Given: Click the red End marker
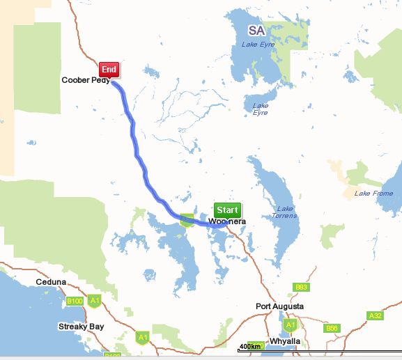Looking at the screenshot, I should (109, 70).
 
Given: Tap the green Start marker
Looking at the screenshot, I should (227, 210).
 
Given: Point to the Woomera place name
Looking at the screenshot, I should (228, 221).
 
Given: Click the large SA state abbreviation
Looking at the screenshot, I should (257, 31).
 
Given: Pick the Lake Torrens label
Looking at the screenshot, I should (286, 212).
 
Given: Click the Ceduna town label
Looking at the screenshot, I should (51, 282).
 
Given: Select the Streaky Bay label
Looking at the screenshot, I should (81, 326).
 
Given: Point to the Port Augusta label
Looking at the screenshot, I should (279, 306).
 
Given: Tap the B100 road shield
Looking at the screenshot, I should (74, 301).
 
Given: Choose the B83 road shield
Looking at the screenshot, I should (301, 287).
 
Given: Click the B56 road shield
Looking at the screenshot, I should (332, 328).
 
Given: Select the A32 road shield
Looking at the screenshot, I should (375, 315).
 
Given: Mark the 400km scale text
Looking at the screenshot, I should (250, 347).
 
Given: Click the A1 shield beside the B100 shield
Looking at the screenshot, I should (95, 301).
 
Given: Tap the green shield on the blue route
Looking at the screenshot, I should (187, 220).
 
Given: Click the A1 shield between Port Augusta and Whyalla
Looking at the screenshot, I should (291, 324).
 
